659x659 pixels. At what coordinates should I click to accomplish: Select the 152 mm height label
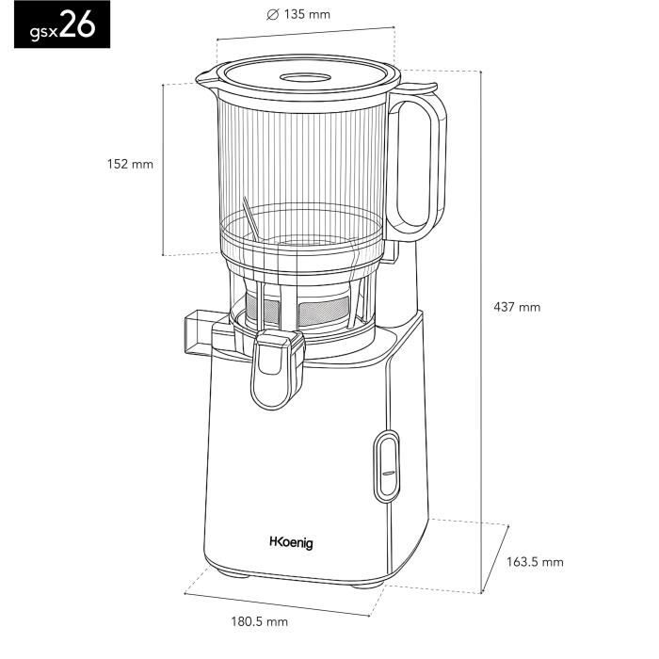[x=129, y=164]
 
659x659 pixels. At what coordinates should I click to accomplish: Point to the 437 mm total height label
[x=517, y=307]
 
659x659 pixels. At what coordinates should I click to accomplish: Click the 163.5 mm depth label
[x=535, y=562]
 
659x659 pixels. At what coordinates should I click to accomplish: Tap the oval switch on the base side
[x=386, y=466]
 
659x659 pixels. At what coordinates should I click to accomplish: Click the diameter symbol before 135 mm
[x=272, y=15]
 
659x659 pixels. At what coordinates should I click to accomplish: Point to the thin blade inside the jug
[x=249, y=219]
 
